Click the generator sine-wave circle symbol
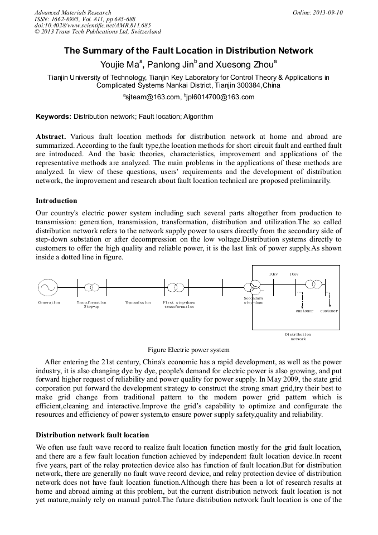(47, 288)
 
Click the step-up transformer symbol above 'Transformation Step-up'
(91, 288)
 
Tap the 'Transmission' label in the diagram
(138, 303)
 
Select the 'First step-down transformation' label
(179, 305)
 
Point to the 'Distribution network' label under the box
(298, 336)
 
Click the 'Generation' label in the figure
(49, 303)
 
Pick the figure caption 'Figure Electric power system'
(188, 350)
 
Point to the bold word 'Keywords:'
(54, 117)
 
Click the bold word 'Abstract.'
(51, 137)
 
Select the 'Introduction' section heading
(56, 201)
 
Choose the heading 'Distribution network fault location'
(93, 435)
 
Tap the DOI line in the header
(85, 25)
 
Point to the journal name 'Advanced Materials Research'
(72, 12)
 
